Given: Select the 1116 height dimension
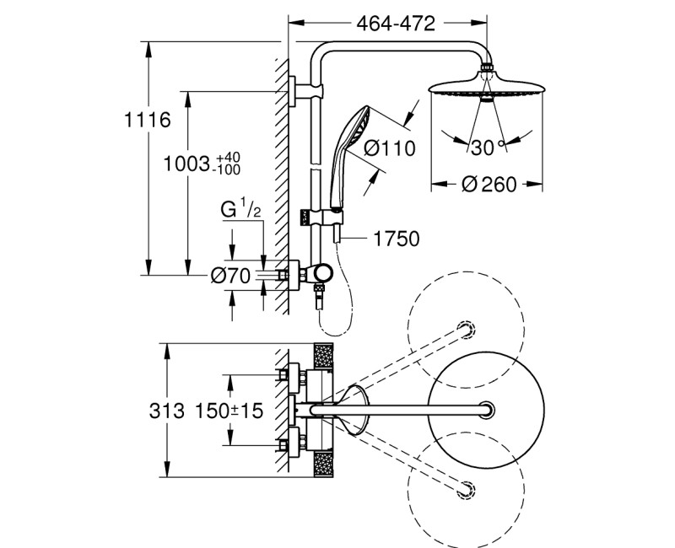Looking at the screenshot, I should point(148,120).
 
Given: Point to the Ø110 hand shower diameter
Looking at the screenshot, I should point(390,149).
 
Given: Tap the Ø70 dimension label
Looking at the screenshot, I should point(228,274).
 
